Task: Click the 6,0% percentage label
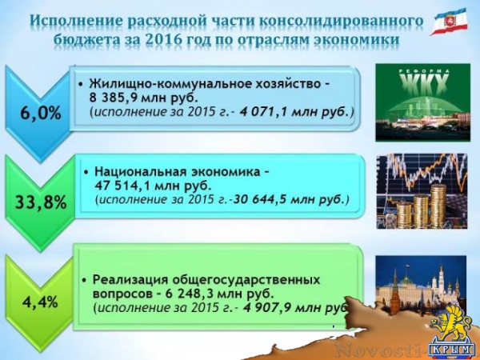40,112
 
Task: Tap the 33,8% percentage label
40,202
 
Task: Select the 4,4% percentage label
38,303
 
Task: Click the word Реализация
133,279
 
